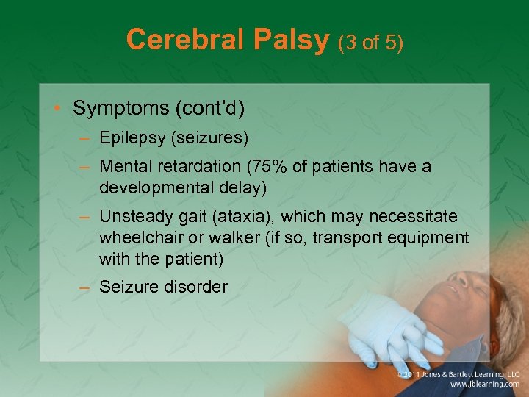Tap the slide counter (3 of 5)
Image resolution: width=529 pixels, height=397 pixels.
(x=370, y=42)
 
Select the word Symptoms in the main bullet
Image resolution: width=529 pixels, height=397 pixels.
(x=121, y=108)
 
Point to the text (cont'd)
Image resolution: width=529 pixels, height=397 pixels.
(x=210, y=108)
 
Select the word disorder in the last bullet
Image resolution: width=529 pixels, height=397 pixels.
(x=195, y=287)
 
